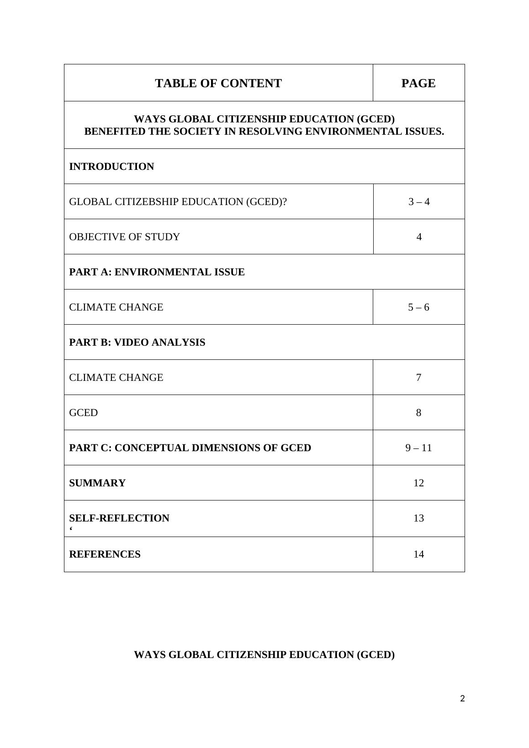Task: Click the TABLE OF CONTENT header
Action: tap(218, 84)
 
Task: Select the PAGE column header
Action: tap(418, 84)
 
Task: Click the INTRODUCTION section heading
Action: tap(111, 167)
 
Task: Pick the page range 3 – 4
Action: tap(418, 202)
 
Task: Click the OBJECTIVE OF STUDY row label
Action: tap(124, 237)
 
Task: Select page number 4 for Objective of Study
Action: tap(418, 237)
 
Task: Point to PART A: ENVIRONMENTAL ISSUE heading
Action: tap(157, 272)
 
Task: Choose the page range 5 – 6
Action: tap(418, 307)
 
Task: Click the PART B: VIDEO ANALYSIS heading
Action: tap(137, 342)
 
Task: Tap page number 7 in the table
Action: tap(418, 378)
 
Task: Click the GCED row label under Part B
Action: tap(84, 413)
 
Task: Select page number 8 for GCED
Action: tap(418, 413)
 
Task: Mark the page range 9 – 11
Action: tap(418, 448)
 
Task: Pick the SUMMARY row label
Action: tap(97, 483)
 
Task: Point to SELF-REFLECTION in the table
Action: tap(119, 518)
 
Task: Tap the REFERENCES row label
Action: tap(105, 554)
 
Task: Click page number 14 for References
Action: tap(418, 554)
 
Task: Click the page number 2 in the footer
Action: tap(462, 699)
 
